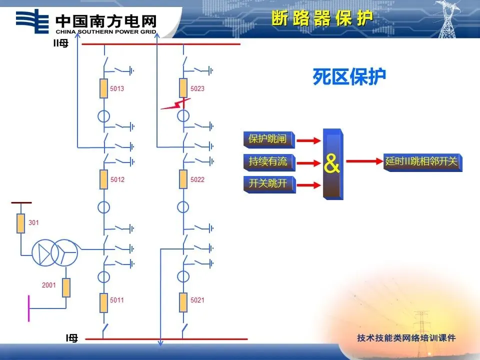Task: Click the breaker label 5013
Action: tap(117, 89)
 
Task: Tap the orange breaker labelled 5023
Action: tap(183, 88)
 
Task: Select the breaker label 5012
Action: tap(117, 179)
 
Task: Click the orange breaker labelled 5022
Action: tap(183, 179)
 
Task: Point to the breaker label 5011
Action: tap(117, 300)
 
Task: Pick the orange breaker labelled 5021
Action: tap(183, 302)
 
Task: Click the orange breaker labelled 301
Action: tap(20, 223)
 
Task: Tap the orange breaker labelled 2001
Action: tap(65, 287)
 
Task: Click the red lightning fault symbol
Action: tap(175, 104)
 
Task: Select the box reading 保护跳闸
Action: tap(268, 139)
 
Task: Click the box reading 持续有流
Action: tap(268, 161)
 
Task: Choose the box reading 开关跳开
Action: tap(268, 183)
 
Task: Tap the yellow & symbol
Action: tap(332, 163)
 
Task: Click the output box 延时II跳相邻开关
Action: tap(422, 162)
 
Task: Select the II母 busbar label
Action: tap(61, 44)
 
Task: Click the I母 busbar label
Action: tap(72, 338)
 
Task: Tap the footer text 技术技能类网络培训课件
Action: tap(406, 338)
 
